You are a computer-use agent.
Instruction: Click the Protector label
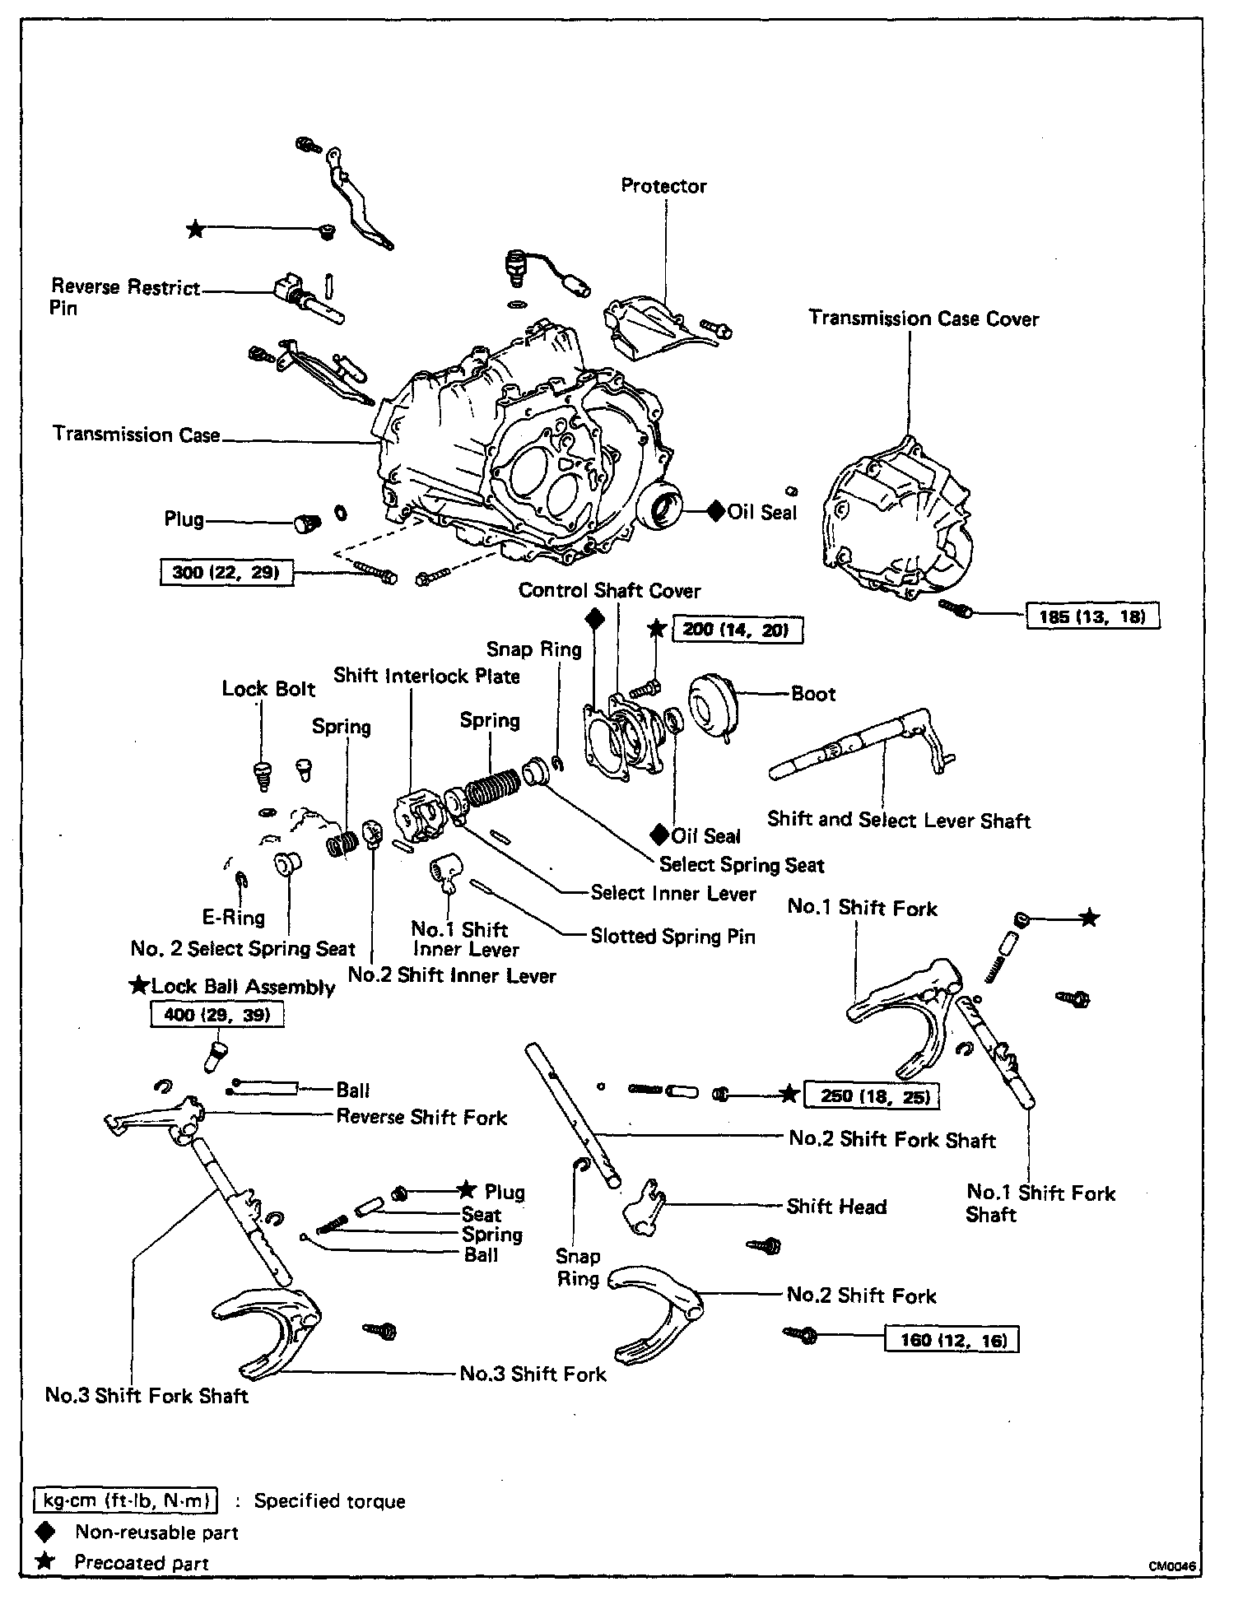coord(663,186)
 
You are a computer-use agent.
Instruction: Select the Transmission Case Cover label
coord(924,319)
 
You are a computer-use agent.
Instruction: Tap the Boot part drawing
coord(713,705)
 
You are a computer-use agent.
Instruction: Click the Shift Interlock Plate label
coord(426,677)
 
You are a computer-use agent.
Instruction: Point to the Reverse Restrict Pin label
coord(125,297)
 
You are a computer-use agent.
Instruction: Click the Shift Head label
coord(836,1207)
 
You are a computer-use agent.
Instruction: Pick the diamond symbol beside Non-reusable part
coord(45,1532)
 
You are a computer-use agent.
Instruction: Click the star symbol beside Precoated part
coord(45,1561)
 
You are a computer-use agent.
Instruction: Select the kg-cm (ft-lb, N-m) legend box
coord(126,1500)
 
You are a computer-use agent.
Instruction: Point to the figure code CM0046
coord(1172,1567)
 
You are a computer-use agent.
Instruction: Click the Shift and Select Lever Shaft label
coord(899,820)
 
